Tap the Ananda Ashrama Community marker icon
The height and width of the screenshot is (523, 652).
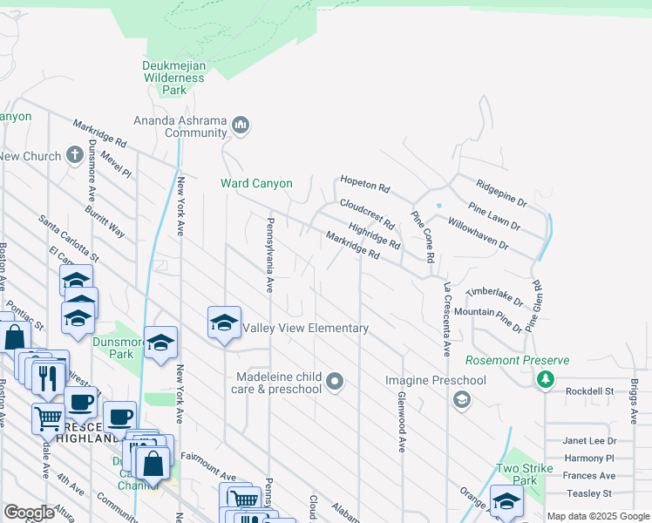[241, 127]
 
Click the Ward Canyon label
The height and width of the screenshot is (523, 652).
[256, 184]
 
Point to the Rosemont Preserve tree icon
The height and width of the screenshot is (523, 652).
[546, 379]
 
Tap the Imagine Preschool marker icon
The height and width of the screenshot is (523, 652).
[461, 400]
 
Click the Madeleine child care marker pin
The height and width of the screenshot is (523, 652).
[336, 381]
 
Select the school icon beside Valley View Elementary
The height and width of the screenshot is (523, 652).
[224, 323]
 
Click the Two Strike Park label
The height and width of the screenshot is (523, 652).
[525, 474]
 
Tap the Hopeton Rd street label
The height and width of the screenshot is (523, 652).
[364, 186]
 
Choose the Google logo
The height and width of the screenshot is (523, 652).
[30, 513]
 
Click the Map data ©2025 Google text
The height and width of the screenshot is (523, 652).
[598, 516]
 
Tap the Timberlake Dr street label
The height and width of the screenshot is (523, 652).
[494, 298]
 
